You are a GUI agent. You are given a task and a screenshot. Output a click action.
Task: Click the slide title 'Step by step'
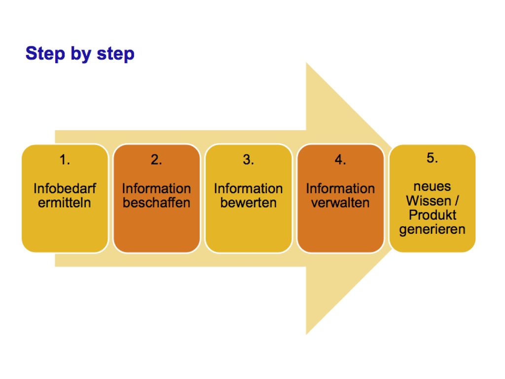click(80, 54)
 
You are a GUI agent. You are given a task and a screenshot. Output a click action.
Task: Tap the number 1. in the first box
click(65, 159)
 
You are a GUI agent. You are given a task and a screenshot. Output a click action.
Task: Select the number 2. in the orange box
click(156, 159)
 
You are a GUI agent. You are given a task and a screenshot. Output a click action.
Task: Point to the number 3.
click(249, 159)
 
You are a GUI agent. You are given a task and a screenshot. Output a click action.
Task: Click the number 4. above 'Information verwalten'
click(340, 159)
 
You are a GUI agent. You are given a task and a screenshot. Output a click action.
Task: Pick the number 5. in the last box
click(432, 157)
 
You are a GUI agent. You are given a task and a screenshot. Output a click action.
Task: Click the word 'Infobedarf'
click(65, 189)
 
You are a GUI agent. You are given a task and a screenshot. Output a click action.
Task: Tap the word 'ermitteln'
click(65, 203)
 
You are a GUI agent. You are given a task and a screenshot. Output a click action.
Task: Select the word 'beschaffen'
click(156, 203)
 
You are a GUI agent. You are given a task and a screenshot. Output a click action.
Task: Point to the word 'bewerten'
click(249, 203)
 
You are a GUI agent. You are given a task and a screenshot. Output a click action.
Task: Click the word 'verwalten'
click(340, 203)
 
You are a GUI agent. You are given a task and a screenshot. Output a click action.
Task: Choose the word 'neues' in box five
click(432, 187)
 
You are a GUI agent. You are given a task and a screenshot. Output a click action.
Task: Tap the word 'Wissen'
click(429, 201)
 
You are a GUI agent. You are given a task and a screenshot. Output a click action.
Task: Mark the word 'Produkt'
click(433, 215)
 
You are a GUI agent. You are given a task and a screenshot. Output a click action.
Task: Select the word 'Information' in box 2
click(156, 189)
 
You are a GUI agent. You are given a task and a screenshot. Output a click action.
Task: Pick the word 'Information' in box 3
click(249, 189)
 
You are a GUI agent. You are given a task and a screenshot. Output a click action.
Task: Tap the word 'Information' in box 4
click(340, 189)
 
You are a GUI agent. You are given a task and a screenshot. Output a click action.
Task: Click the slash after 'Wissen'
click(456, 201)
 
